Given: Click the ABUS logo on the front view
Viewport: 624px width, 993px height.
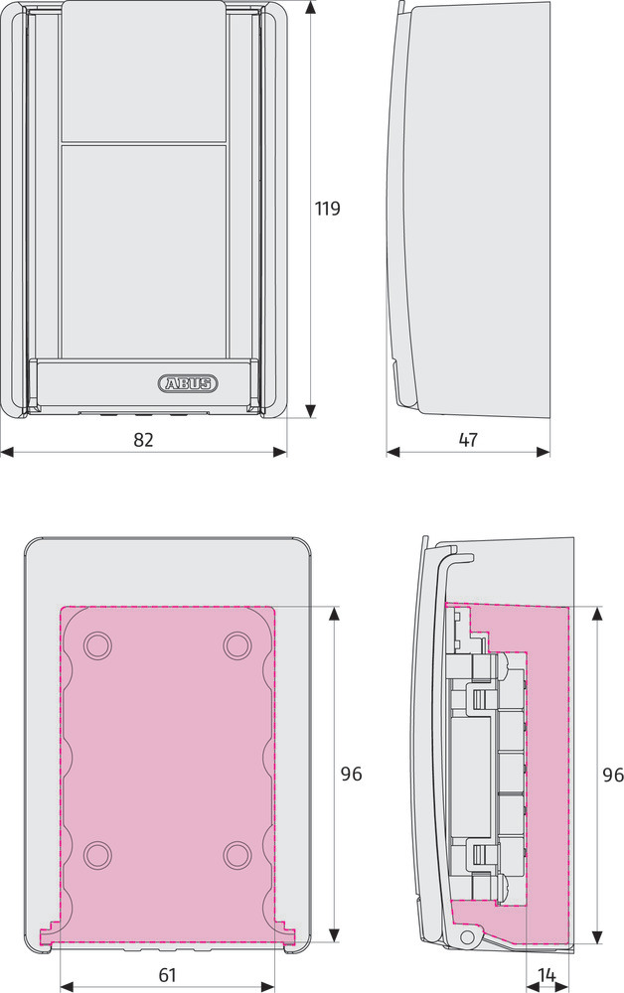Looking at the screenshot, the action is pyautogui.click(x=188, y=383).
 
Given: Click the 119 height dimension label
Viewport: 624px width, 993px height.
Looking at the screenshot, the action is pyautogui.click(x=328, y=208).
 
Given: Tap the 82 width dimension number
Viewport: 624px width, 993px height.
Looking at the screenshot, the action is pyautogui.click(x=143, y=440).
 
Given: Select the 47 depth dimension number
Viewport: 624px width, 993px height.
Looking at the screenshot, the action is pyautogui.click(x=468, y=440).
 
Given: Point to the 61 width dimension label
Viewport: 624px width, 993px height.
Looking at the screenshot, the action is pyautogui.click(x=167, y=975).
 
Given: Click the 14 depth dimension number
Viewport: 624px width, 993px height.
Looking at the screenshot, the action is pyautogui.click(x=546, y=975).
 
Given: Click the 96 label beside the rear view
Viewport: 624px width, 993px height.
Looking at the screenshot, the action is pyautogui.click(x=351, y=774).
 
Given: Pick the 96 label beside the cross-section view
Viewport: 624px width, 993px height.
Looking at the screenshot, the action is pyautogui.click(x=613, y=775).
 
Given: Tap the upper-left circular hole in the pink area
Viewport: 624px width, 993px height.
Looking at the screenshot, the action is pyautogui.click(x=97, y=645).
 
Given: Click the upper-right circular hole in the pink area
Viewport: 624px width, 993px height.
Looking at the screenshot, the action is pyautogui.click(x=237, y=645).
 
